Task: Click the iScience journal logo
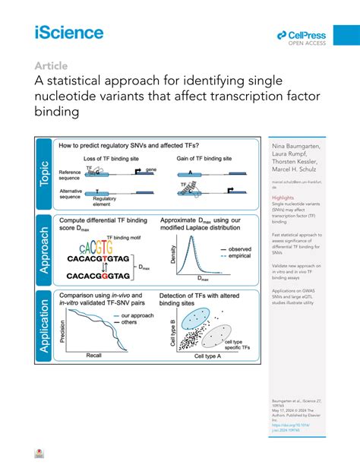(x=68, y=32)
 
